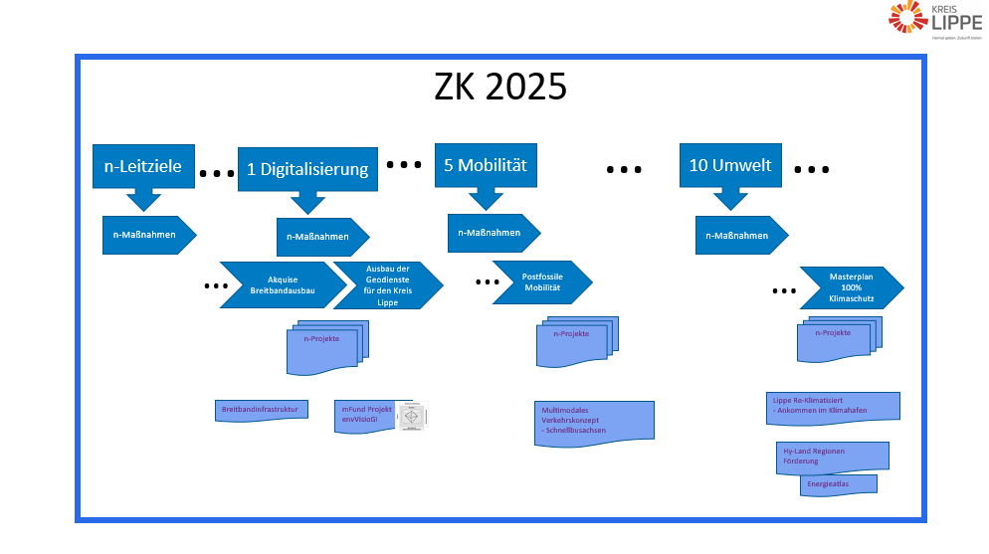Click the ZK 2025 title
pos(500,88)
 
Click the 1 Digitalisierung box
pos(307,169)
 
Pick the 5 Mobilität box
pos(485,165)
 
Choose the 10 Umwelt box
pos(730,165)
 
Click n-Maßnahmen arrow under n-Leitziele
pos(147,235)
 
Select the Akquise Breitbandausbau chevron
pos(284,285)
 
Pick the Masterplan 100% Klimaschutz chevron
pos(851,287)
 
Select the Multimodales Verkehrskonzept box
pos(593,419)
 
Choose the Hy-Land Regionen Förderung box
pos(832,458)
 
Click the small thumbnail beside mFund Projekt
pos(412,417)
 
